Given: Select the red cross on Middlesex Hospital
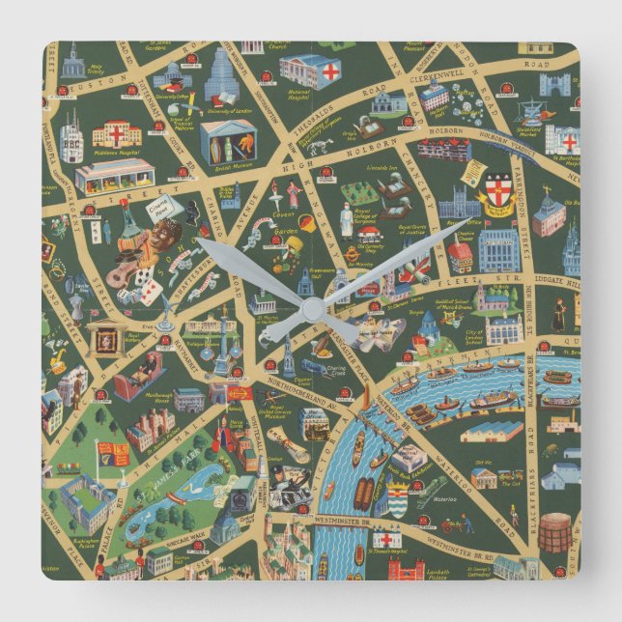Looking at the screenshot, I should tap(117, 130).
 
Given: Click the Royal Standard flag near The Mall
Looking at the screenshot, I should tap(113, 454).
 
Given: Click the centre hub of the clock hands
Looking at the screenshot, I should tap(311, 309).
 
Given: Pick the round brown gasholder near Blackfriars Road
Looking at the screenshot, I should tap(555, 532).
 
